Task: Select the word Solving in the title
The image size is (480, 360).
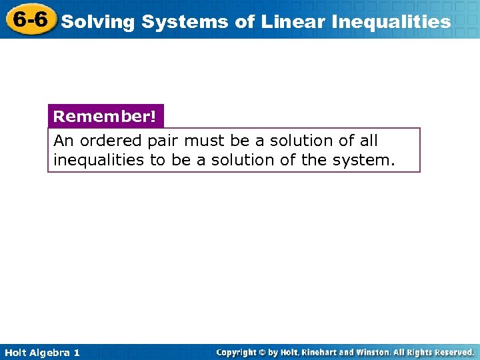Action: click(98, 22)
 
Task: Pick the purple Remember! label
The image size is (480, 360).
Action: click(105, 117)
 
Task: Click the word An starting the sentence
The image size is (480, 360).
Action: click(63, 141)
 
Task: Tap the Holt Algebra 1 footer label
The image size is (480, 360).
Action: click(41, 352)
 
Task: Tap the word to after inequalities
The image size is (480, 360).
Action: click(157, 160)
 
